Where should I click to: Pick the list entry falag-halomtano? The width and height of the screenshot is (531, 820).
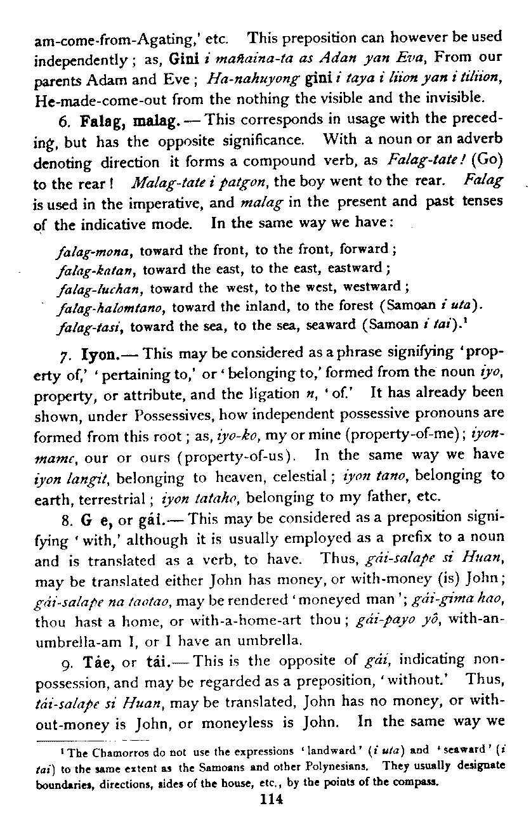click(x=112, y=308)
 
